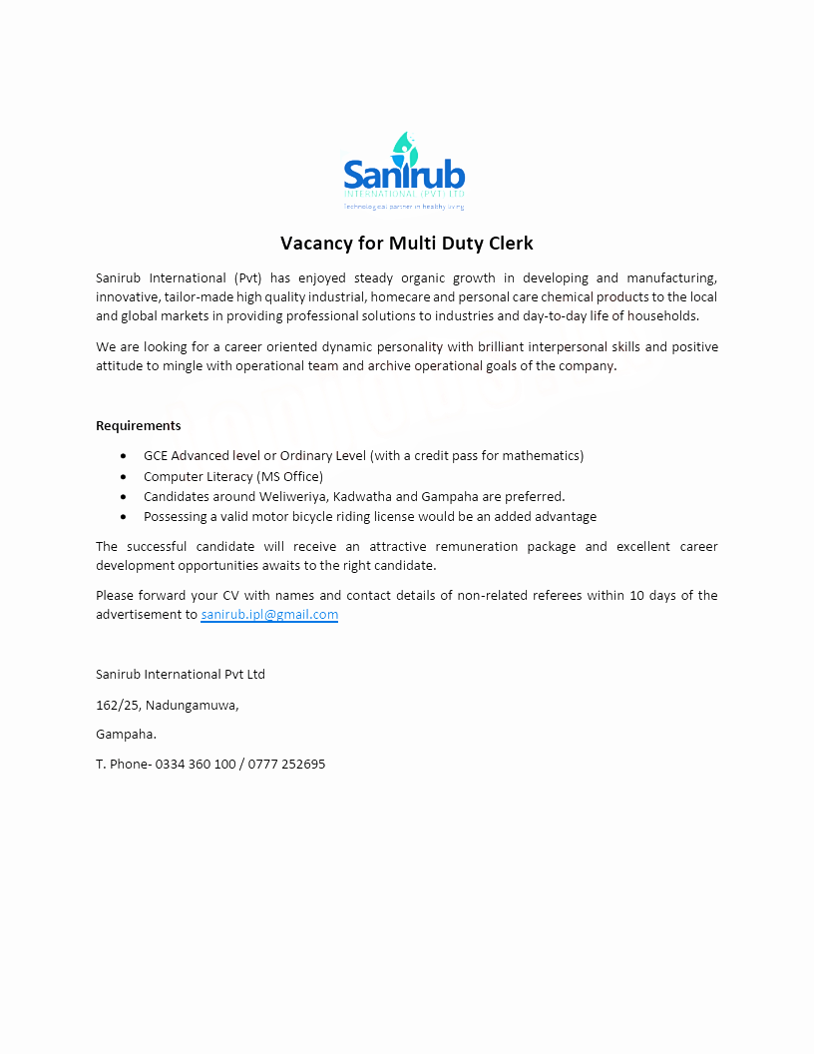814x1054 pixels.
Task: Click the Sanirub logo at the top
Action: pyautogui.click(x=404, y=171)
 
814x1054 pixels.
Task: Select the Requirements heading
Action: pyautogui.click(x=139, y=425)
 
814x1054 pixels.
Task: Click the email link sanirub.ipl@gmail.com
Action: pyautogui.click(x=269, y=615)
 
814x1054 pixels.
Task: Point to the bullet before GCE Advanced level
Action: pyautogui.click(x=123, y=456)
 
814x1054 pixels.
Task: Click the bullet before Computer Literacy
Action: pyautogui.click(x=123, y=477)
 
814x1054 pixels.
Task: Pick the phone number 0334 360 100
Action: pyautogui.click(x=196, y=764)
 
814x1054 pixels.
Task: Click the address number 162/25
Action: pyautogui.click(x=117, y=705)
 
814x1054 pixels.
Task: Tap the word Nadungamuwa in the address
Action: pyautogui.click(x=192, y=705)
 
